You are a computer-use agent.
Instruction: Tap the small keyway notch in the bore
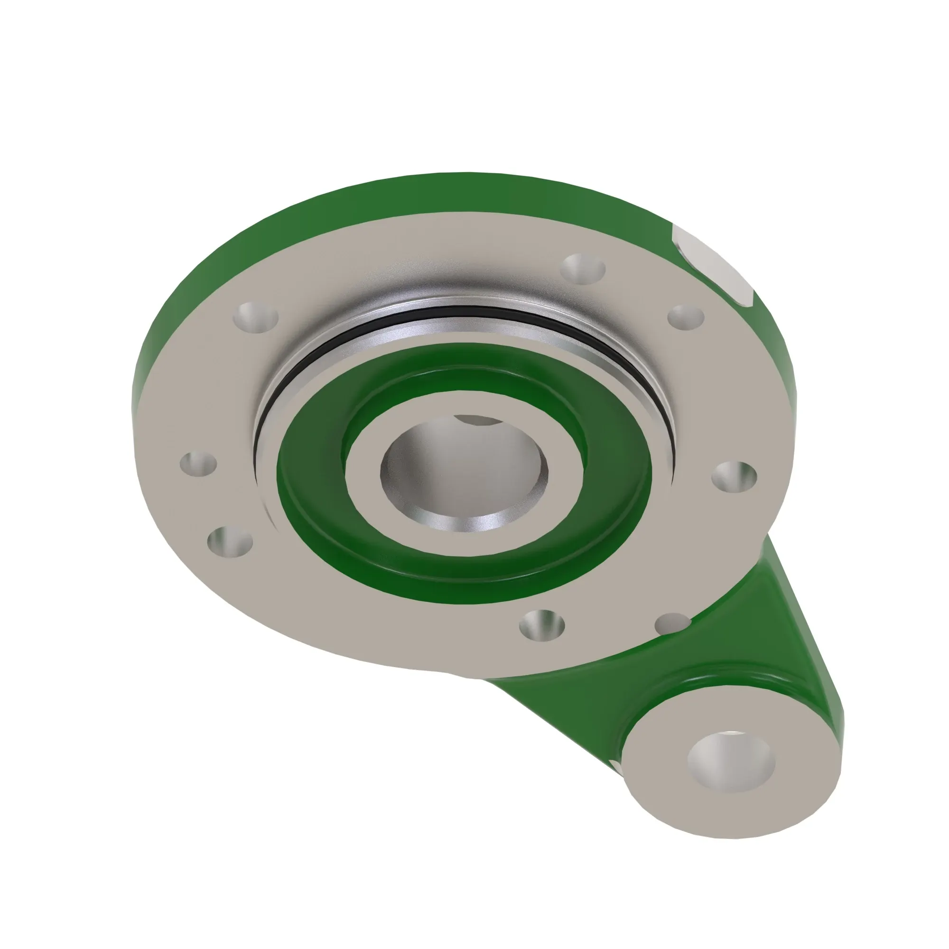pyautogui.click(x=477, y=420)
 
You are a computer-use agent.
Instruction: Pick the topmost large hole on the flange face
pyautogui.click(x=583, y=269)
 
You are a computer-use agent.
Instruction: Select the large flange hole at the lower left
pyautogui.click(x=230, y=542)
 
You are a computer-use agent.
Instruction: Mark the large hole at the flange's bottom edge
pyautogui.click(x=542, y=625)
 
